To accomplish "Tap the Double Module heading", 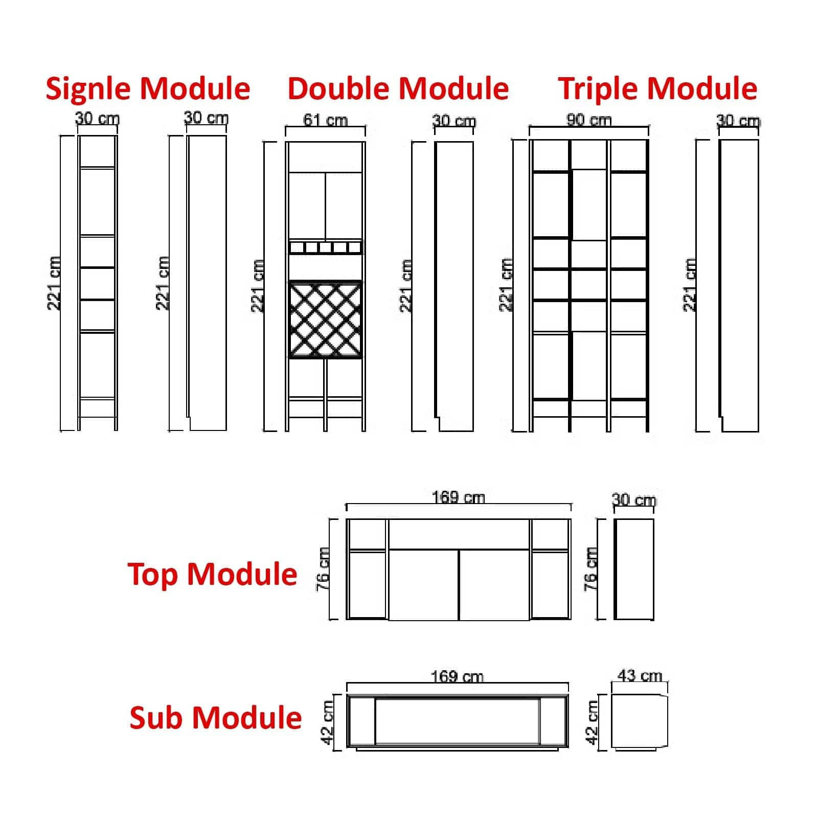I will coord(398,89).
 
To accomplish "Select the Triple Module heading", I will coord(657,89).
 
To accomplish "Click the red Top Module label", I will coord(212,574).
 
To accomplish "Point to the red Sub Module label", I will coord(215,717).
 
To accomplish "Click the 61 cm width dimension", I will coord(325,121).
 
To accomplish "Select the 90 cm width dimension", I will coord(588,121).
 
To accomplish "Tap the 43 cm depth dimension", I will coord(639,676).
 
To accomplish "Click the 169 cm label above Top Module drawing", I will coord(458,497).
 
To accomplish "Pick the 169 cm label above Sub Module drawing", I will coord(457,677).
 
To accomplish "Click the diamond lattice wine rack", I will coord(325,320).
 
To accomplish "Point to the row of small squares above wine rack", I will coord(325,248).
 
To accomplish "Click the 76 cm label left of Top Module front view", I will coord(323,569).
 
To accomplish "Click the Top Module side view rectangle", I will coord(634,569).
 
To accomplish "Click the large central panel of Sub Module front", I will coord(457,721).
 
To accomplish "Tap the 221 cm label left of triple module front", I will coord(506,285).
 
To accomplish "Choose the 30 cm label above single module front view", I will coord(97,119).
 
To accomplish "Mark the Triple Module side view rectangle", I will coord(739,285).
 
